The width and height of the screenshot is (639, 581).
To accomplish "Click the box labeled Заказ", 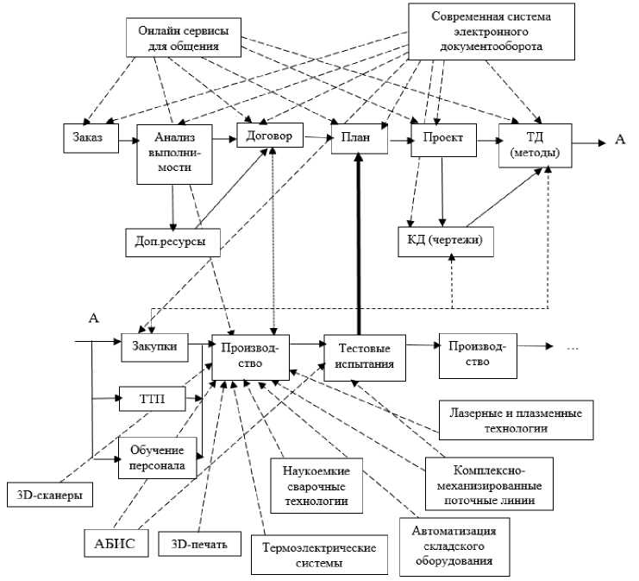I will coord(90,138).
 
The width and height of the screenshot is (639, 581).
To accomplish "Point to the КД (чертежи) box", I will coord(445,240).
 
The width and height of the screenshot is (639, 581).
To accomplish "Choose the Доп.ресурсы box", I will coord(171,239).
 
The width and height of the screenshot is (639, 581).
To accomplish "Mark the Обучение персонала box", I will coord(157,458).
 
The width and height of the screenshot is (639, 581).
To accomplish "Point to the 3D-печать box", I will coord(199,544).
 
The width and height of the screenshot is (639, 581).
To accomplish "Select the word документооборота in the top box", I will coord(491,47).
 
